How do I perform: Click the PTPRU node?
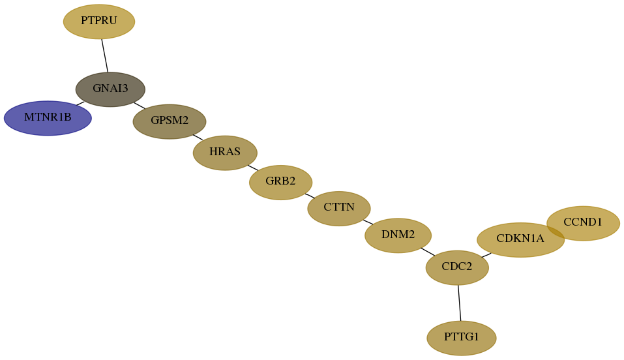pyautogui.click(x=99, y=22)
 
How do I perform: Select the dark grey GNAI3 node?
pyautogui.click(x=110, y=89)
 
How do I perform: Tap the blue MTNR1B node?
pyautogui.click(x=48, y=118)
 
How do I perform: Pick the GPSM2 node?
pyautogui.click(x=170, y=121)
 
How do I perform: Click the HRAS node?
pyautogui.click(x=225, y=153)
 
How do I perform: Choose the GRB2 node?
pyautogui.click(x=280, y=183)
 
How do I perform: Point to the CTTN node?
pyautogui.click(x=339, y=208)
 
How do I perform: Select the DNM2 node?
pyautogui.click(x=398, y=235)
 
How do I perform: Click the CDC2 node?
pyautogui.click(x=457, y=267)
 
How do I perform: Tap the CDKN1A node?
pyautogui.click(x=520, y=240)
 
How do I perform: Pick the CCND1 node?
pyautogui.click(x=584, y=224)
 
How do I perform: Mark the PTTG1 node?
pyautogui.click(x=462, y=338)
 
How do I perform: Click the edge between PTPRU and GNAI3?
pyautogui.click(x=105, y=55)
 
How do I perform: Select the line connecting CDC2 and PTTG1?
pyautogui.click(x=459, y=303)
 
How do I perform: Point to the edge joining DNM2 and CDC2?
pyautogui.click(x=428, y=252)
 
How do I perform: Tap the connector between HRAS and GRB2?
pyautogui.click(x=253, y=168)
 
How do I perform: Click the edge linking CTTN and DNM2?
pyautogui.click(x=368, y=222)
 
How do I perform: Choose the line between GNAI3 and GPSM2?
pyautogui.click(x=140, y=106)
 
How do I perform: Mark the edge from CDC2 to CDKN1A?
pyautogui.click(x=486, y=255)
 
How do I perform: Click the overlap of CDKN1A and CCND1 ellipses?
pyautogui.click(x=556, y=231)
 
